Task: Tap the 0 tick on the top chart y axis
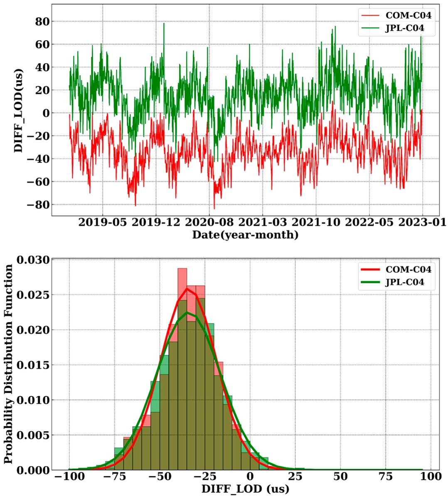tap(45, 113)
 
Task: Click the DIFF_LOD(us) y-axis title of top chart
tap(18, 110)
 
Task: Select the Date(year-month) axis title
tap(245, 235)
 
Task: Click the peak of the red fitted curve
tap(187, 289)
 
